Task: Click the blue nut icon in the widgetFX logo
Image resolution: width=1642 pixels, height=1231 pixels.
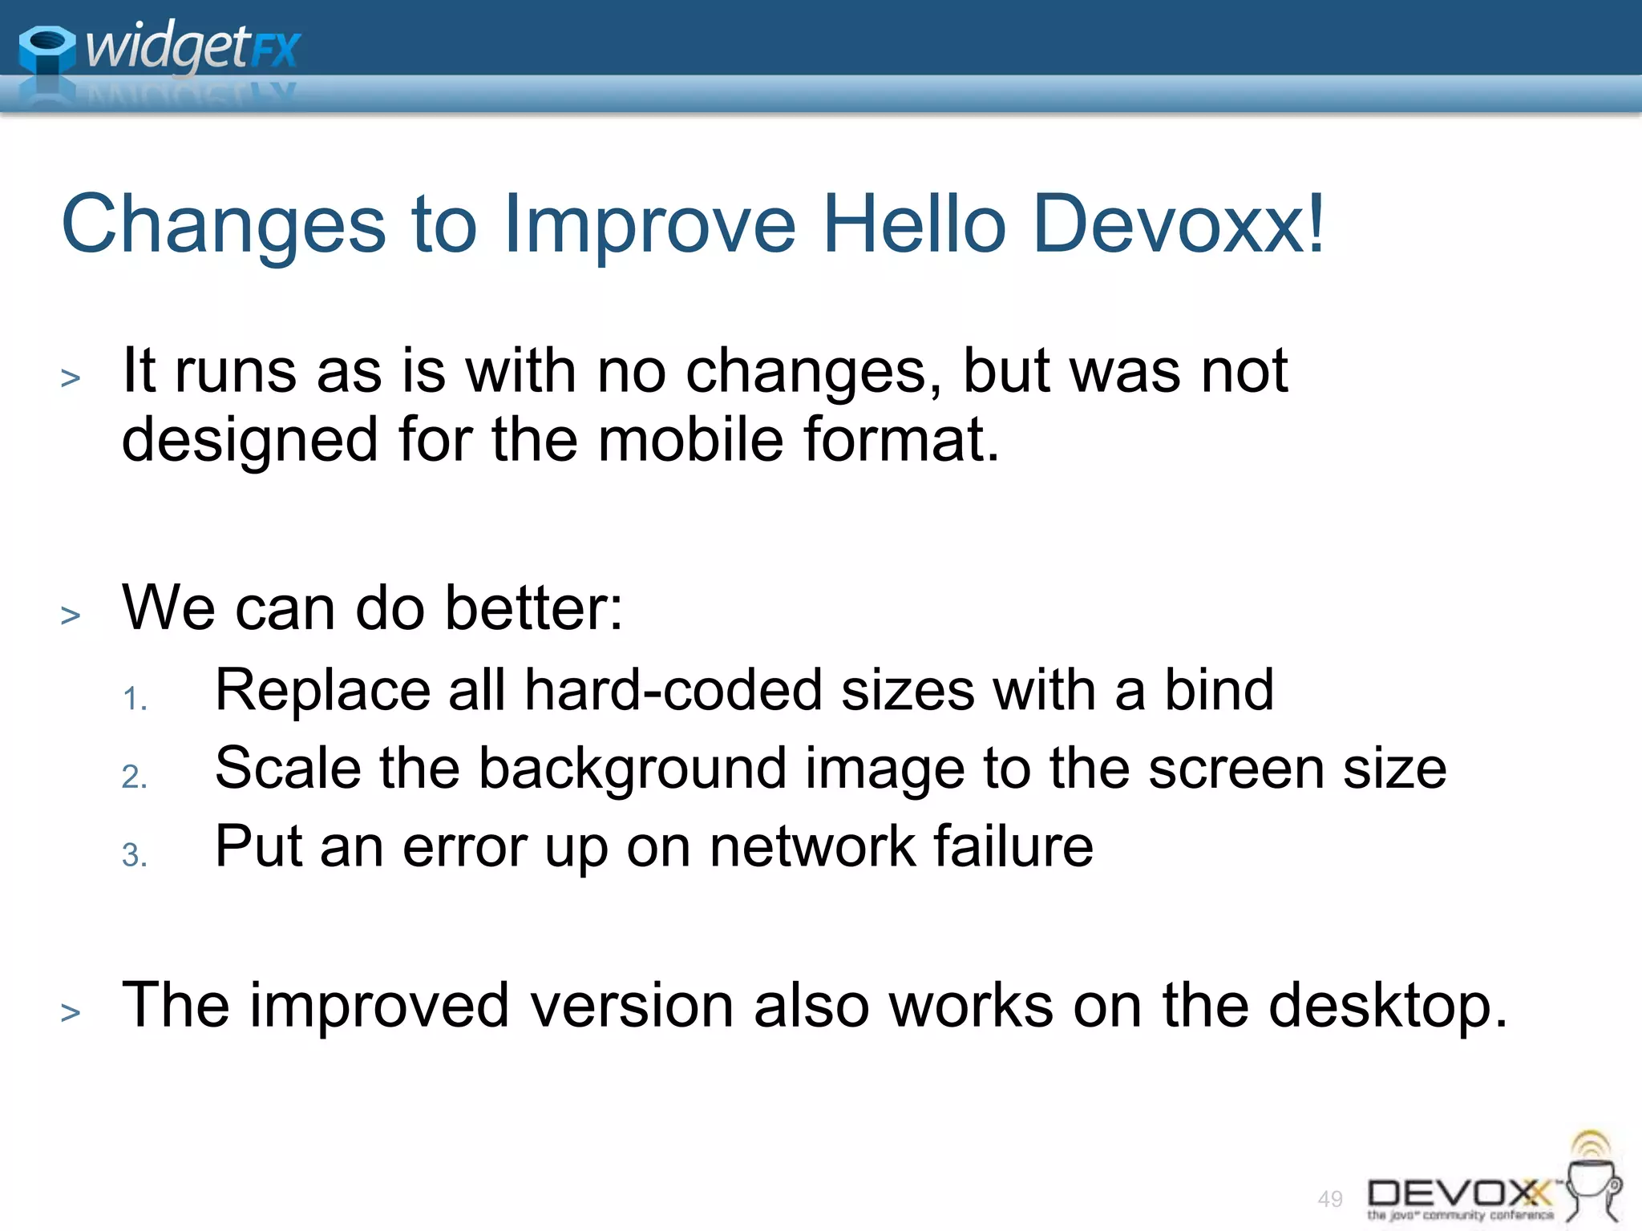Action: point(47,50)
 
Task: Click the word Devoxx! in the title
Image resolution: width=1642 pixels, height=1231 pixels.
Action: point(1179,224)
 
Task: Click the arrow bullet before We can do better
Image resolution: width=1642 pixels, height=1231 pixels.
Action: point(71,615)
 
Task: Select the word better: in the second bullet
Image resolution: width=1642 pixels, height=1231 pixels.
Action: point(533,607)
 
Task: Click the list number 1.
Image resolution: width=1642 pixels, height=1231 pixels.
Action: point(134,699)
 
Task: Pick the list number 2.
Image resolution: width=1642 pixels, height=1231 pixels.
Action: point(134,777)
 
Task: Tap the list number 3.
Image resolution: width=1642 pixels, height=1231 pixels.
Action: point(134,855)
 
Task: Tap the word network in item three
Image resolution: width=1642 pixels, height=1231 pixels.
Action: point(812,846)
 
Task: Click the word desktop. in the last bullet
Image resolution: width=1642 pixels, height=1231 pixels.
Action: point(1388,1006)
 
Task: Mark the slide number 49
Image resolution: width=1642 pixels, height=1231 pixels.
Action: point(1330,1199)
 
